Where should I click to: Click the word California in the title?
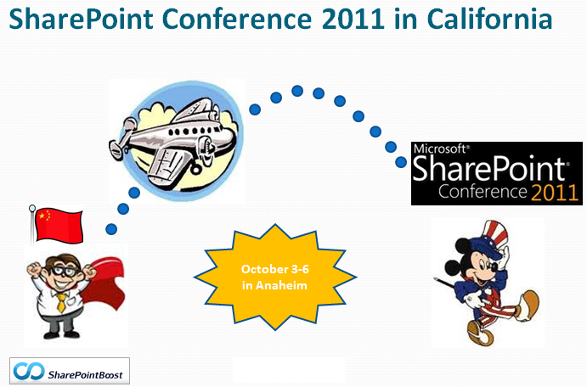(489, 19)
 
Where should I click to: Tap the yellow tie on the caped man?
(61, 302)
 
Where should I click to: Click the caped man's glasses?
(65, 271)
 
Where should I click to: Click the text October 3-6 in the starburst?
(274, 269)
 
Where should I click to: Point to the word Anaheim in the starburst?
(281, 285)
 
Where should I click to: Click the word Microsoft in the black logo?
(439, 149)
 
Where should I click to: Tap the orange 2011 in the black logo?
(555, 192)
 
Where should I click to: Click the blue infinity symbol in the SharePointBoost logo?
(28, 371)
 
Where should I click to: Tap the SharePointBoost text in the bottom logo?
(85, 374)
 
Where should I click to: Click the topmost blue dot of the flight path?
(297, 91)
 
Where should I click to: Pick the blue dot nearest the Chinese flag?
(111, 229)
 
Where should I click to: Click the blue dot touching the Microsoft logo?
(401, 162)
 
